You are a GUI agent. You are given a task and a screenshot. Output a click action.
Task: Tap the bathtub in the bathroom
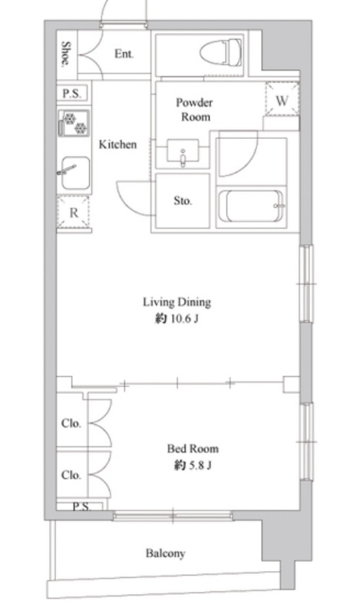tap(251, 206)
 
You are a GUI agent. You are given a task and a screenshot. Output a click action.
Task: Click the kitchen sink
tap(75, 173)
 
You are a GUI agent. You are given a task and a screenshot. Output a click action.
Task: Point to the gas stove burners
tap(74, 123)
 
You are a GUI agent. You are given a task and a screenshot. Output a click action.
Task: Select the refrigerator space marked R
tap(73, 213)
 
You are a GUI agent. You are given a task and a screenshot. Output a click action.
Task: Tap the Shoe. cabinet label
tap(67, 54)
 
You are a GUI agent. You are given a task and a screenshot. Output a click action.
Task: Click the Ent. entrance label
tap(124, 54)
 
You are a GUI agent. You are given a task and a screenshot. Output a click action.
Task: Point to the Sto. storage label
tap(183, 201)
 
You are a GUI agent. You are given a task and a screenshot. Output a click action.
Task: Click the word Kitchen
tap(118, 144)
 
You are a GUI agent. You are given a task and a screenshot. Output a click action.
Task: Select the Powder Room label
tap(195, 110)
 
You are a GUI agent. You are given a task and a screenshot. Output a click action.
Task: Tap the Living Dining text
tap(177, 302)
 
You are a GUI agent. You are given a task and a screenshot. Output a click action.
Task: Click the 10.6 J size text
tap(183, 319)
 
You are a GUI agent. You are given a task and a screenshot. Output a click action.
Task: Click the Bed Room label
tap(193, 448)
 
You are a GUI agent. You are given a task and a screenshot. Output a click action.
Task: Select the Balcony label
tap(165, 553)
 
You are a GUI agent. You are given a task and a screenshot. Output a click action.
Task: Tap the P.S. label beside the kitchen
tap(72, 94)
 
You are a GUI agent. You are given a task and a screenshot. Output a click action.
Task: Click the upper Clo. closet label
tap(71, 424)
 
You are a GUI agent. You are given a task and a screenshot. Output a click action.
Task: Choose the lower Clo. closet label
tap(71, 475)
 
